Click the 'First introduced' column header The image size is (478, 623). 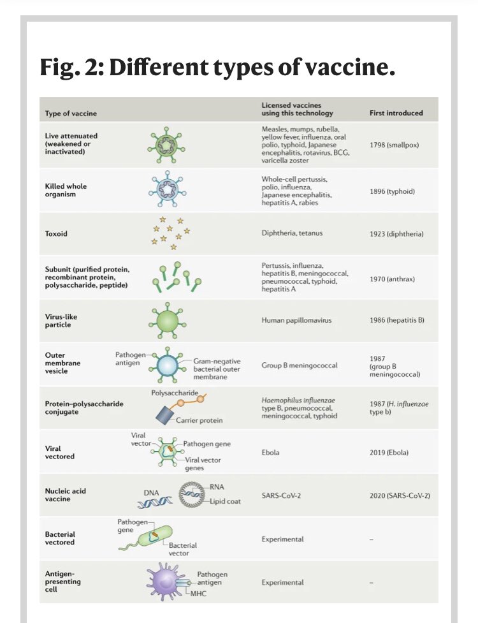[x=396, y=113]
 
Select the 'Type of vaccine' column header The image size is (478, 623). [x=71, y=113]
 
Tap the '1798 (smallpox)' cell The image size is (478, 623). [x=395, y=145]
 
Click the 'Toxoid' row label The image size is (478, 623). [x=56, y=233]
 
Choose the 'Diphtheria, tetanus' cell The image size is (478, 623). [x=292, y=233]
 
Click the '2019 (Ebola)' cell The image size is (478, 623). [x=389, y=452]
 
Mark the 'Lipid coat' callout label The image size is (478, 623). [x=226, y=501]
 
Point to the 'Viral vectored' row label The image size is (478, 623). [x=60, y=452]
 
